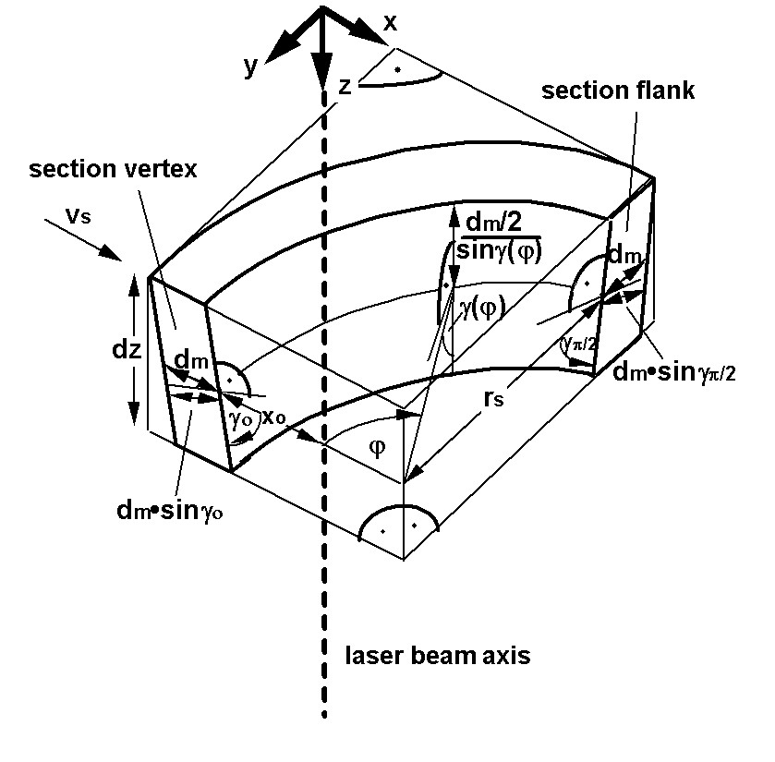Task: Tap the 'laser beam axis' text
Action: (438, 657)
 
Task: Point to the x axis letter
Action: (390, 23)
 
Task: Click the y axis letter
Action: (250, 67)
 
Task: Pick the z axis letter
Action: (344, 86)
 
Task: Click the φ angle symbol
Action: (377, 447)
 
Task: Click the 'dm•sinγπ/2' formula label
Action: (673, 372)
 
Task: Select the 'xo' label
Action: (272, 417)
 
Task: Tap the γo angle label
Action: (240, 417)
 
